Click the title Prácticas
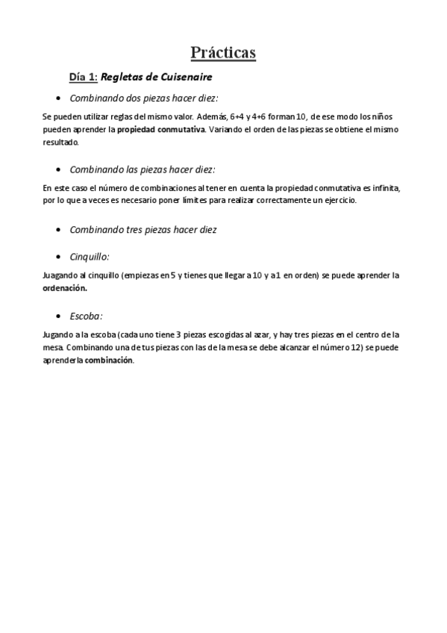pos(223,52)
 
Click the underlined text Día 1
pos(83,76)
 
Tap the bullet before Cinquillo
pos(58,256)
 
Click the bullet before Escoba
pos(58,316)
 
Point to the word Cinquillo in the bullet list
pos(89,256)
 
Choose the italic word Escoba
pos(85,316)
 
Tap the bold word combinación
pos(109,360)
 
